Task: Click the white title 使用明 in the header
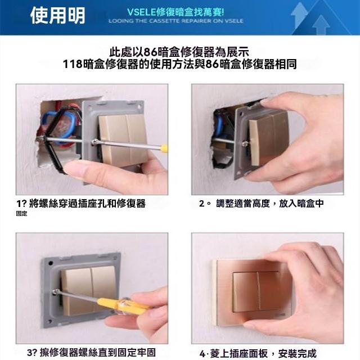pyautogui.click(x=57, y=15)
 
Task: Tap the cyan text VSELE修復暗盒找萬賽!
pyautogui.click(x=175, y=12)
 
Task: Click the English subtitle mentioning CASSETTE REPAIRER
pyautogui.click(x=176, y=21)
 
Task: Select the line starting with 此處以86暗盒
pyautogui.click(x=179, y=52)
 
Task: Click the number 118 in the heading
pyautogui.click(x=73, y=64)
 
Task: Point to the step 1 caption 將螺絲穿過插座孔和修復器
pyautogui.click(x=87, y=204)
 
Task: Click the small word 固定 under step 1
pyautogui.click(x=21, y=214)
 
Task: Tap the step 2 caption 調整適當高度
pyautogui.click(x=243, y=204)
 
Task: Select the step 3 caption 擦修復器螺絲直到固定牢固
pyautogui.click(x=98, y=353)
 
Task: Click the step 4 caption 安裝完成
pyautogui.click(x=298, y=354)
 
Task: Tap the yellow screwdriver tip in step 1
pyautogui.click(x=164, y=148)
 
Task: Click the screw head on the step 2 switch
pyautogui.click(x=245, y=144)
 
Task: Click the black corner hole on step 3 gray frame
pyautogui.click(x=51, y=263)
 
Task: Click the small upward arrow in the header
pyautogui.click(x=321, y=25)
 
